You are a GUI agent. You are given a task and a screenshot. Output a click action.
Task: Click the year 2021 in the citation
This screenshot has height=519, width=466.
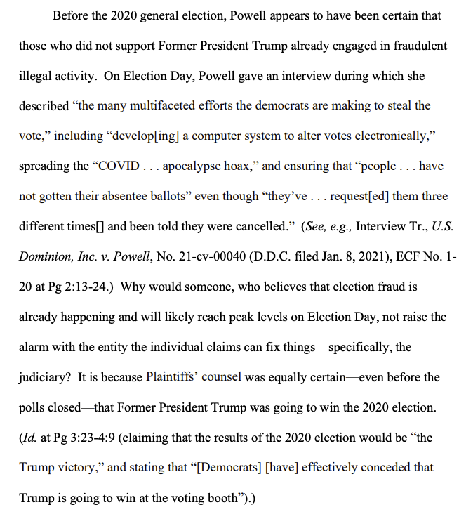tap(359, 256)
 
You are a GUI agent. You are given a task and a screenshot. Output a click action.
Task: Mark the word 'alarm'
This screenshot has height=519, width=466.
tap(35, 347)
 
